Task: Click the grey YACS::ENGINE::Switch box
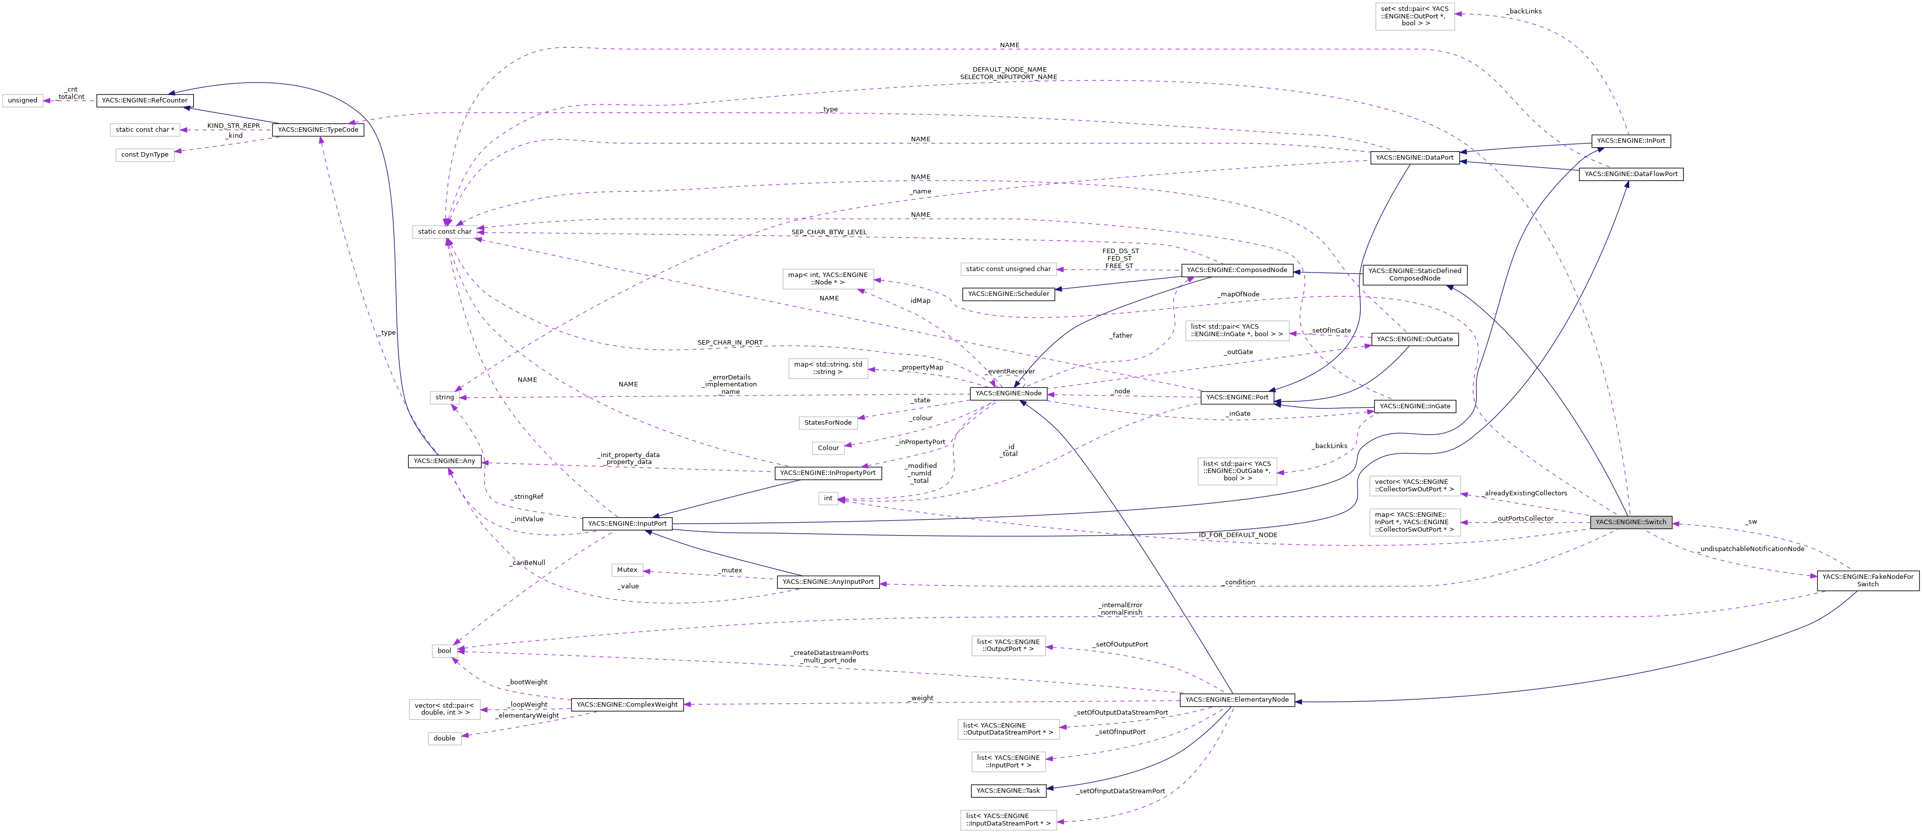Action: tap(1630, 522)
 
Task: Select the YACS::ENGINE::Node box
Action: tap(1008, 393)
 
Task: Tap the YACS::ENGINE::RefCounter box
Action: tap(145, 100)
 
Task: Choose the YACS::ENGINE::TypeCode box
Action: tap(318, 130)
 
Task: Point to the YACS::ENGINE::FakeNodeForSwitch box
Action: tap(1867, 580)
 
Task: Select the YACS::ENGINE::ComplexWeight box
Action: tap(627, 705)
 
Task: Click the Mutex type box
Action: tap(627, 569)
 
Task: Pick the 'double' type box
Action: tap(444, 738)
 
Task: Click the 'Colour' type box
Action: tap(828, 448)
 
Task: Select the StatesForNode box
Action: tap(827, 423)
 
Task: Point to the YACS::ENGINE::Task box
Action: tap(1007, 790)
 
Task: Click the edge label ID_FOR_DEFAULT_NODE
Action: tap(1238, 535)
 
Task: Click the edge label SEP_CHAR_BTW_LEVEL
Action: tap(829, 232)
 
